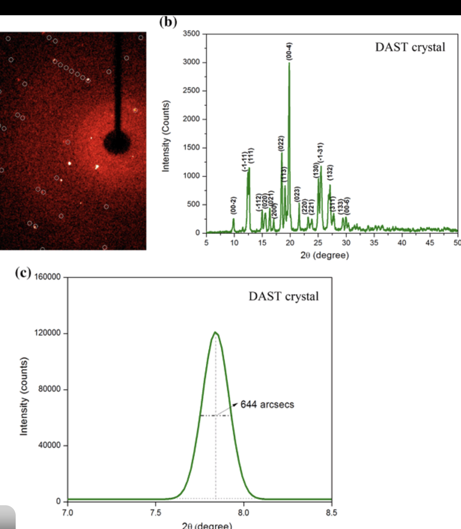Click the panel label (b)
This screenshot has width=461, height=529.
click(x=168, y=22)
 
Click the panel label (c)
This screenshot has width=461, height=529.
click(x=23, y=272)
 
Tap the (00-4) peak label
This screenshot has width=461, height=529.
click(x=289, y=51)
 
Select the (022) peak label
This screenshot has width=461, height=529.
click(x=280, y=144)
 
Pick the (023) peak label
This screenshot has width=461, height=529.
click(x=297, y=194)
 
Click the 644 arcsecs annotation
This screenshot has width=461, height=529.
click(x=267, y=404)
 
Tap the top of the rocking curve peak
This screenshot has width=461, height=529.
click(x=216, y=332)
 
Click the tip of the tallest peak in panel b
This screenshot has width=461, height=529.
click(x=289, y=63)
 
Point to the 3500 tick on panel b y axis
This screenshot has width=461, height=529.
click(x=191, y=34)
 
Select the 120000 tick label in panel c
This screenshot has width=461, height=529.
click(x=47, y=333)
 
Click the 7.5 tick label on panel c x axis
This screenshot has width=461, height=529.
click(x=156, y=513)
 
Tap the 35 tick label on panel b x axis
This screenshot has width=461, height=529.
click(x=374, y=243)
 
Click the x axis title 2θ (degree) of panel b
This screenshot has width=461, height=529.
click(x=325, y=255)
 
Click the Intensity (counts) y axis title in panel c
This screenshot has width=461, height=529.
click(x=24, y=396)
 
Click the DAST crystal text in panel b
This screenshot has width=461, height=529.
click(x=410, y=47)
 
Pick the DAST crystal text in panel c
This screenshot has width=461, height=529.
click(x=283, y=296)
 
